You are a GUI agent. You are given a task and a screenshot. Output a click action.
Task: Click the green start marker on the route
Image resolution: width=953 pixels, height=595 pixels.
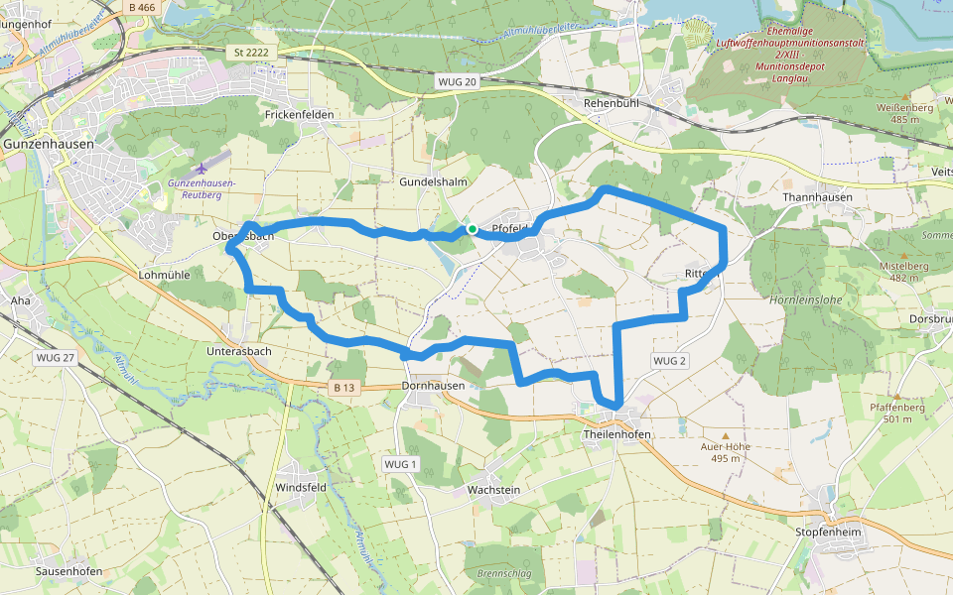(473, 230)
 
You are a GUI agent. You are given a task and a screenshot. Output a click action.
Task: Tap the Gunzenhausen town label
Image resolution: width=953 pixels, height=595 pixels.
(49, 144)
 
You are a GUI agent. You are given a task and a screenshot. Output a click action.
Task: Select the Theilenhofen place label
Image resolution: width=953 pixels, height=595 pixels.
(616, 434)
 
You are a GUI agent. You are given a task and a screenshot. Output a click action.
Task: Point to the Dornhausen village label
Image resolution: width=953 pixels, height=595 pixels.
(434, 385)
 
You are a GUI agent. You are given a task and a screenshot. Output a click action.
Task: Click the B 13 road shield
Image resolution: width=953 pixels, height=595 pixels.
(343, 387)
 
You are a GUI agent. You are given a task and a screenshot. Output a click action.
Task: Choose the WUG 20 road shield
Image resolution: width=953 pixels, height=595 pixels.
(458, 82)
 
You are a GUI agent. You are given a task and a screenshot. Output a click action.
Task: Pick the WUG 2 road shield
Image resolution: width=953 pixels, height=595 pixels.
(670, 361)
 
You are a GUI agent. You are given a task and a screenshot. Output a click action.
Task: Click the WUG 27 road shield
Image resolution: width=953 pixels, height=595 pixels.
(55, 357)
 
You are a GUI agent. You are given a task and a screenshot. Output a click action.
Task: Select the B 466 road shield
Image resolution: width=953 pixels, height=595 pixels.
(142, 7)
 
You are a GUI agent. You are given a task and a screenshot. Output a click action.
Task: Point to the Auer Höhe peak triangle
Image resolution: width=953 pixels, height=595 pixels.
(726, 435)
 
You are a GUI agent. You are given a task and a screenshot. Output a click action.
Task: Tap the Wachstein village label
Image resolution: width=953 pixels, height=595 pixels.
(493, 490)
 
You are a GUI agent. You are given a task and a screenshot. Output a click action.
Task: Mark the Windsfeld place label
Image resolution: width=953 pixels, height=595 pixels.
(301, 488)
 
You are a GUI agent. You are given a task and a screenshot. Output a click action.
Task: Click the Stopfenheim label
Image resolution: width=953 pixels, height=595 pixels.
(827, 533)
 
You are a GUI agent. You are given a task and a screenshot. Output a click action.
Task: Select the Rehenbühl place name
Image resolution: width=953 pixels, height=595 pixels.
(615, 103)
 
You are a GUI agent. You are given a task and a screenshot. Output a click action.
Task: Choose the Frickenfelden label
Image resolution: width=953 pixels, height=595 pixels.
(300, 115)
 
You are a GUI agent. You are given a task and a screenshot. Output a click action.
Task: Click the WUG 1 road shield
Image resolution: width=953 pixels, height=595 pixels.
(400, 464)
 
